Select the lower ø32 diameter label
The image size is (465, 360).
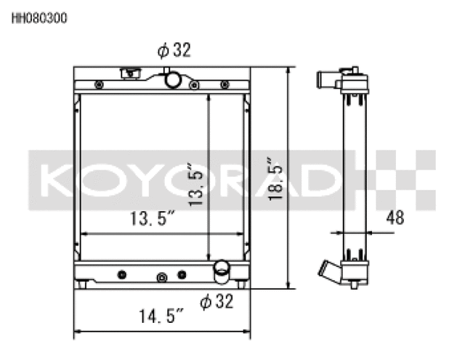pyautogui.click(x=216, y=302)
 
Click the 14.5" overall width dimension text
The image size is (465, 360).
pyautogui.click(x=161, y=316)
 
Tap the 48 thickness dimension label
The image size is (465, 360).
pyautogui.click(x=395, y=217)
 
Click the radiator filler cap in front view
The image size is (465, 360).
pyautogui.click(x=130, y=73)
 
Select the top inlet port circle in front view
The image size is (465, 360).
pyautogui.click(x=172, y=79)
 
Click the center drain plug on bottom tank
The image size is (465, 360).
pyautogui.click(x=161, y=277)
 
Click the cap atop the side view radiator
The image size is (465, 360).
pyautogui.click(x=354, y=71)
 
